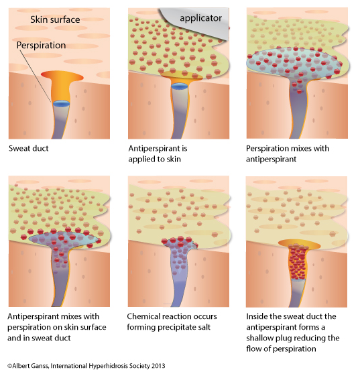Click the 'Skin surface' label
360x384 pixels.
click(55, 19)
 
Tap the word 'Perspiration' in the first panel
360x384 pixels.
click(41, 46)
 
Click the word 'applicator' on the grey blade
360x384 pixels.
click(200, 18)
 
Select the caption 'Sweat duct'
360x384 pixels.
click(29, 148)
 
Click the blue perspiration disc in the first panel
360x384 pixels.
click(62, 104)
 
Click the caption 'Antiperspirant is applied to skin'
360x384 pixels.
click(158, 153)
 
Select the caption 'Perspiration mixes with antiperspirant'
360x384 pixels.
click(288, 153)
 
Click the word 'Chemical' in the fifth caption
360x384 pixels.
click(142, 316)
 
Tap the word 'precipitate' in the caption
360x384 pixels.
click(177, 328)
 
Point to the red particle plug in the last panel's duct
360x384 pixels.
click(298, 262)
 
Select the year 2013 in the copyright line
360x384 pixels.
click(158, 366)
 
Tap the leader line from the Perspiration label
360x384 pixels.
click(35, 76)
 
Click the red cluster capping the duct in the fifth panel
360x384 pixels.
click(179, 241)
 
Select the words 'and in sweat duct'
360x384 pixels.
click(39, 338)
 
